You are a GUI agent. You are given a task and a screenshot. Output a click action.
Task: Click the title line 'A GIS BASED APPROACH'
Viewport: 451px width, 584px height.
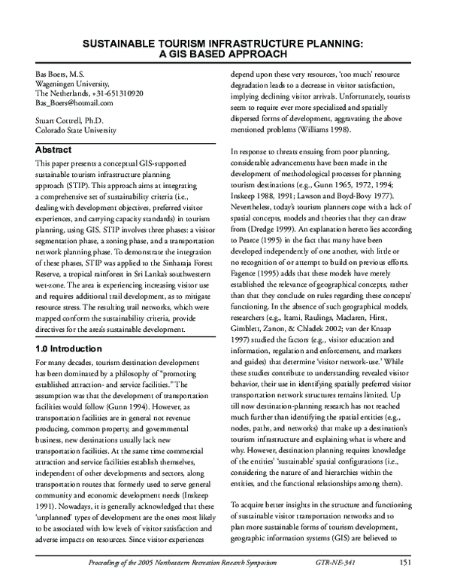225,55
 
